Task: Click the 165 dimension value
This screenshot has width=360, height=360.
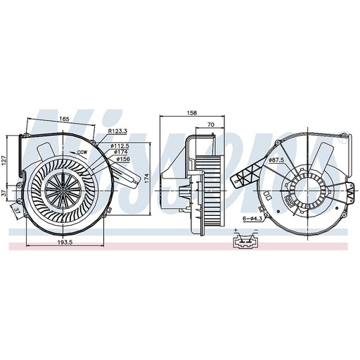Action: (64, 120)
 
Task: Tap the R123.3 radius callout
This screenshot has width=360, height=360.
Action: (117, 131)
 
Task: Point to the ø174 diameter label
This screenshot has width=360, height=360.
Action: (120, 152)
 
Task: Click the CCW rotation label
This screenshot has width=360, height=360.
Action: (82, 151)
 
